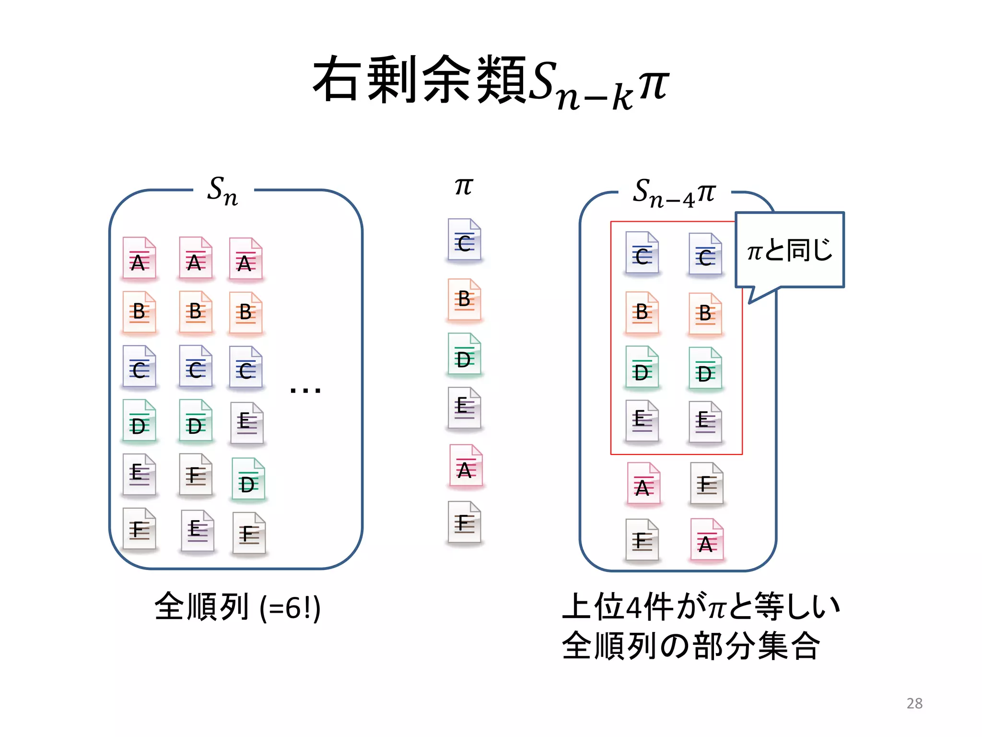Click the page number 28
coord(914,703)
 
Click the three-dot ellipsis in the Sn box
coord(305,390)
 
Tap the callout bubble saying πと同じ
coord(790,250)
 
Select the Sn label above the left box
coord(222,191)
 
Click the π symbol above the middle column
coord(464,186)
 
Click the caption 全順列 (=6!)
coord(237,607)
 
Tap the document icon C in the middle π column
coord(464,240)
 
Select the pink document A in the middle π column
coord(466,466)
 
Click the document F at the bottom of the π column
coord(464,523)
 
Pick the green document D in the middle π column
coord(464,355)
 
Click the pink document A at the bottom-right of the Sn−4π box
coord(706,540)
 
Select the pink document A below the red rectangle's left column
coord(643,484)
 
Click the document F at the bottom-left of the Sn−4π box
coord(642,540)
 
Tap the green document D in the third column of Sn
coord(248,479)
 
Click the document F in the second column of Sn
coord(195,475)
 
